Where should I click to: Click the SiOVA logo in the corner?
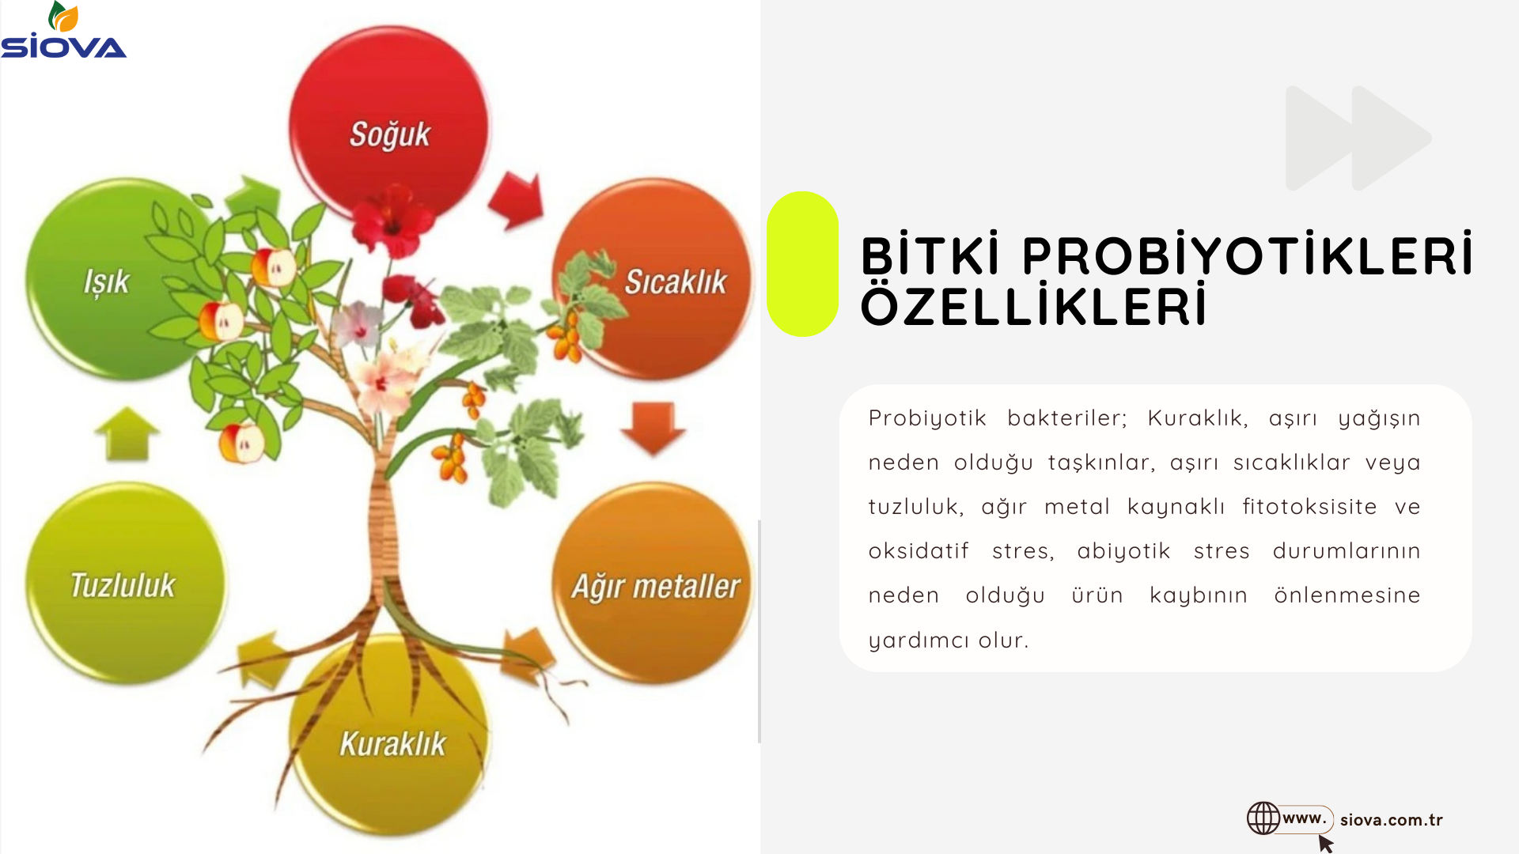(x=63, y=30)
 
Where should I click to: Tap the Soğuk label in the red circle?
(x=390, y=134)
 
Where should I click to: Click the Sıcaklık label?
(x=676, y=282)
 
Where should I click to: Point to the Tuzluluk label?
(x=123, y=585)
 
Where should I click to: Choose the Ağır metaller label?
(x=656, y=587)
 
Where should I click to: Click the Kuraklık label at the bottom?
(x=392, y=744)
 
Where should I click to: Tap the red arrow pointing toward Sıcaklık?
(x=517, y=200)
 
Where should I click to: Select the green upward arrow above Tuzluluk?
(x=127, y=433)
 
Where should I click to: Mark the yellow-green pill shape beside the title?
(x=802, y=264)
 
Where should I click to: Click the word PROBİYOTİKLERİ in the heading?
(x=1248, y=255)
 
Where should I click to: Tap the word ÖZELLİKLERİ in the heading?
(x=1034, y=306)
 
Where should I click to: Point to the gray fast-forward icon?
(x=1358, y=138)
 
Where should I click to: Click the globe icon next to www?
(x=1263, y=818)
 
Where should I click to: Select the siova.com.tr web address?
(x=1391, y=820)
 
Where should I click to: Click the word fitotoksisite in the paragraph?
(x=1309, y=506)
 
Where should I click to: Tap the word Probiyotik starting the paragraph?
(x=927, y=418)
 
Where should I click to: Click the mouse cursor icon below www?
(x=1326, y=844)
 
